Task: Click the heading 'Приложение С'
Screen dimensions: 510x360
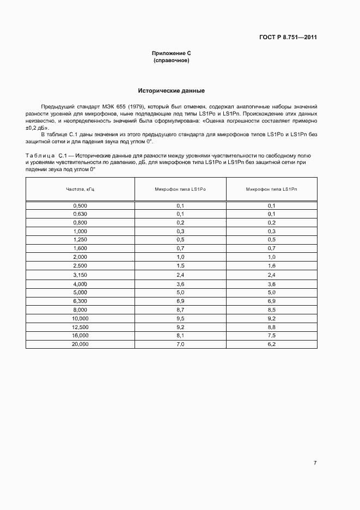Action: pyautogui.click(x=172, y=53)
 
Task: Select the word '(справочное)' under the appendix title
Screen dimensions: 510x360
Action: pyautogui.click(x=172, y=60)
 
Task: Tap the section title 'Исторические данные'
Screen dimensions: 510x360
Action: pyautogui.click(x=171, y=90)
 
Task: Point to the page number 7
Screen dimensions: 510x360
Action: pyautogui.click(x=315, y=463)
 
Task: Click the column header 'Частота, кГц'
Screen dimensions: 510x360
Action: pyautogui.click(x=80, y=189)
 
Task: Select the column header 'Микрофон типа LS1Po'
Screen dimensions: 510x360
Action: pyautogui.click(x=180, y=189)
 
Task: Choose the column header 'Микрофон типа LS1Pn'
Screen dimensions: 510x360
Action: pyautogui.click(x=271, y=189)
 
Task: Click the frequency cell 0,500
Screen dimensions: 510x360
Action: pyautogui.click(x=80, y=205)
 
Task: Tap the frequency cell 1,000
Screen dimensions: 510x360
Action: pyautogui.click(x=80, y=231)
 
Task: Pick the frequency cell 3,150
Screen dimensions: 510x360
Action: pyautogui.click(x=80, y=275)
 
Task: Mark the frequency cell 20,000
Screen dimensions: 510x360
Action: pyautogui.click(x=80, y=344)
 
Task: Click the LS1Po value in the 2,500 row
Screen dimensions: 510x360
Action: pyautogui.click(x=180, y=265)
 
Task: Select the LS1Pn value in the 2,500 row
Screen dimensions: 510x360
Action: pyautogui.click(x=271, y=265)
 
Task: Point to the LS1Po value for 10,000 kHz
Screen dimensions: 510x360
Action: pyautogui.click(x=180, y=318)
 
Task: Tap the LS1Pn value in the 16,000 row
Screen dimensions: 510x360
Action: pyautogui.click(x=271, y=336)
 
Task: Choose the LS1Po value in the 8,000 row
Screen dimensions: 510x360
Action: pyautogui.click(x=180, y=309)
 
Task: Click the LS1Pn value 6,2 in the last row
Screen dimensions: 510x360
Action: pyautogui.click(x=271, y=344)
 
